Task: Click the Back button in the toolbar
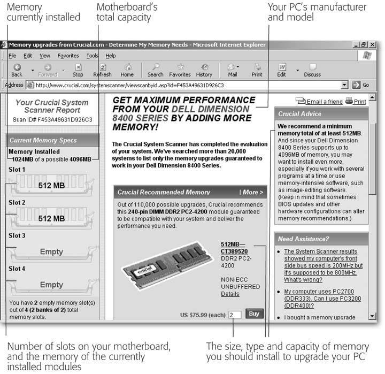click(17, 70)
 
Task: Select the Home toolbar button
click(127, 70)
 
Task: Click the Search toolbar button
click(155, 70)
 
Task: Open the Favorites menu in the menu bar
click(68, 56)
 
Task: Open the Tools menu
click(93, 56)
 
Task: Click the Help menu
click(111, 56)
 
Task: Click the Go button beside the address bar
click(361, 85)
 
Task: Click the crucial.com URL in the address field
click(128, 85)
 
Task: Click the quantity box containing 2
click(235, 315)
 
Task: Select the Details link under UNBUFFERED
click(230, 294)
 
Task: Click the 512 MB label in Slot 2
click(51, 219)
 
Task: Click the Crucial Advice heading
click(299, 114)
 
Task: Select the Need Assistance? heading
click(303, 239)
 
